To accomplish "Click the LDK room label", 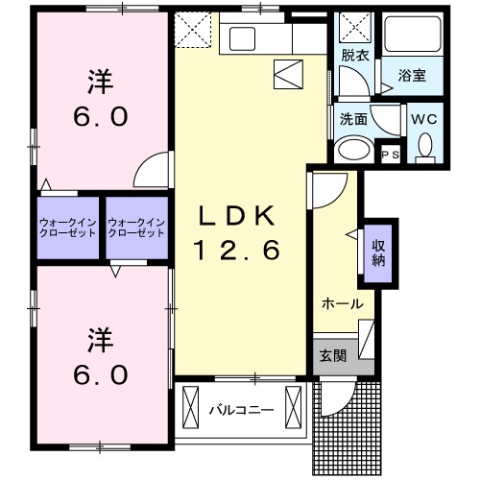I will [239, 214].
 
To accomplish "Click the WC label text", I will [423, 120].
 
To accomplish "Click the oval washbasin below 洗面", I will [353, 151].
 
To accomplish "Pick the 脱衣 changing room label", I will [354, 55].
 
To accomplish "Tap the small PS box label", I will [391, 155].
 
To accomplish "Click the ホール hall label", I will [341, 303].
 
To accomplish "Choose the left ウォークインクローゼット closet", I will [68, 228].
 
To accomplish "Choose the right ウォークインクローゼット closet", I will [136, 228].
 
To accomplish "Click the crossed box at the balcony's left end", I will [190, 401].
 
